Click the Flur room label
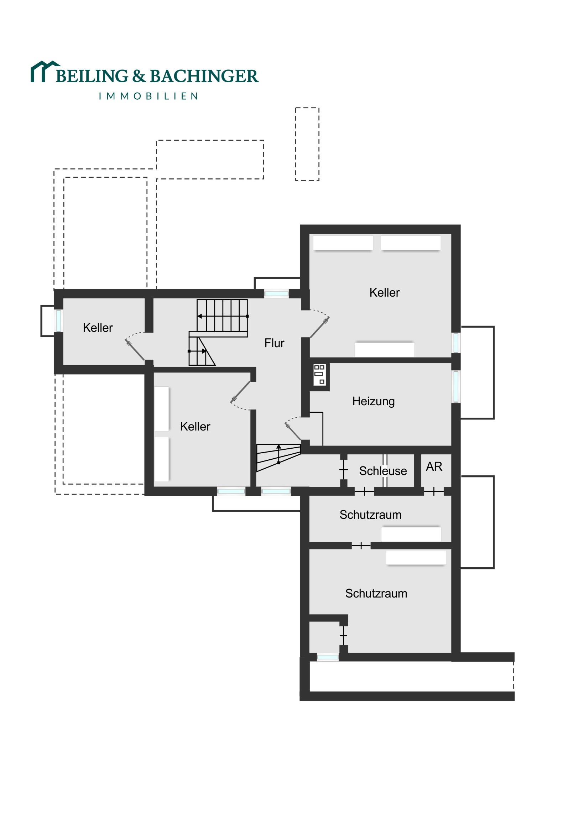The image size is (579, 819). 274,343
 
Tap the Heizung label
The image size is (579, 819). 374,401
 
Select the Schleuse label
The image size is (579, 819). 383,471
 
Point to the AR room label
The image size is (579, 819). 434,466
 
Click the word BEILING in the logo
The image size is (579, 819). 92,76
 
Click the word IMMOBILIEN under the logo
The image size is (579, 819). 148,96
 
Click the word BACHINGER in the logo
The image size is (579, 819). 204,76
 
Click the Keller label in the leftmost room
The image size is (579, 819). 98,328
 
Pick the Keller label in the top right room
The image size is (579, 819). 385,292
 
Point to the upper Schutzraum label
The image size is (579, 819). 370,515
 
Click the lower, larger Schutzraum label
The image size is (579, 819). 376,593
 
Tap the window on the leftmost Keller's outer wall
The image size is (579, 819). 58,321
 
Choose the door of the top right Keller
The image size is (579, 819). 319,327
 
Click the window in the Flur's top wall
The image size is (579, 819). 276,293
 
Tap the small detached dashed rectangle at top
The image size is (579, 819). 307,144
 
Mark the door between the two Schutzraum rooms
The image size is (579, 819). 361,546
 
